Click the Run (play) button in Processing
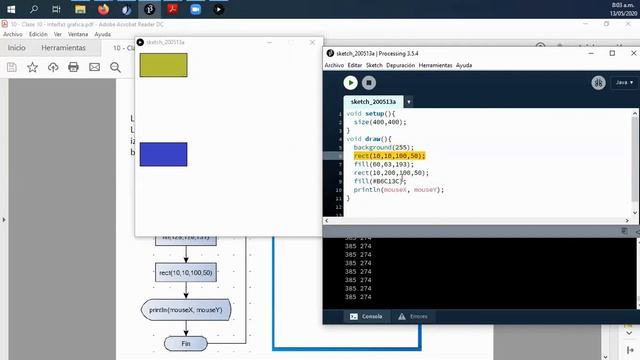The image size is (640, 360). tap(350, 82)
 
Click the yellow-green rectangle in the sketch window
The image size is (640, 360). tap(163, 65)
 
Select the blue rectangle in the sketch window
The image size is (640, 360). tap(163, 154)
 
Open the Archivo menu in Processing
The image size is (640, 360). tap(334, 64)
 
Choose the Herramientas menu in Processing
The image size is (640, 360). tap(435, 64)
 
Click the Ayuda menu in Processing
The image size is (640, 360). tap(464, 64)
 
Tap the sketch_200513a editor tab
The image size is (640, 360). tap(373, 102)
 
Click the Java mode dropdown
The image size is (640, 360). tap(622, 82)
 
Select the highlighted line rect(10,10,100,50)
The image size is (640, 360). tap(389, 156)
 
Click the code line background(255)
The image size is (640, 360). tap(384, 147)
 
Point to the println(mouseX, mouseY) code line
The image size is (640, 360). tap(398, 189)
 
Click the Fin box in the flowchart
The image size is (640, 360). tap(184, 343)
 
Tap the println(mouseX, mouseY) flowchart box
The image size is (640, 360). tap(186, 309)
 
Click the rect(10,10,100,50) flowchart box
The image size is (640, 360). tap(185, 272)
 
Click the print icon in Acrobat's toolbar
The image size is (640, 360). tap(73, 67)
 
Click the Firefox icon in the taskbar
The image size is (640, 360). tap(103, 8)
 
